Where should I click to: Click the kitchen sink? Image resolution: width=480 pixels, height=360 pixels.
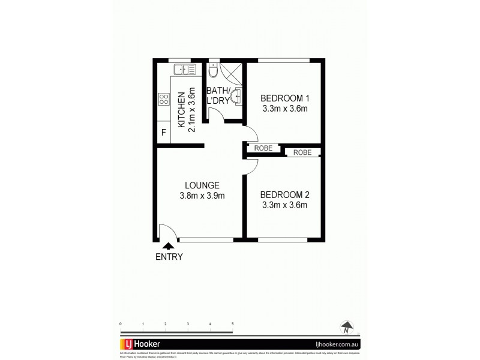(184, 70)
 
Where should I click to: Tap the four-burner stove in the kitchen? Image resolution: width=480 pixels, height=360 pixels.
(164, 100)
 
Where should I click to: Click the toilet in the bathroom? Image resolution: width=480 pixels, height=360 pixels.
(214, 72)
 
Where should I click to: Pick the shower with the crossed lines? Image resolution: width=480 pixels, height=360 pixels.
(231, 75)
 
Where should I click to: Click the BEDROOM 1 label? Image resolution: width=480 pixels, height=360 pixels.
(285, 98)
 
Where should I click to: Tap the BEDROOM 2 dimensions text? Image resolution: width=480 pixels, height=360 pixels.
(285, 205)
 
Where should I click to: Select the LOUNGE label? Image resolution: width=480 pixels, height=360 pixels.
(202, 185)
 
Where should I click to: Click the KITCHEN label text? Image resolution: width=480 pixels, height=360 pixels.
(181, 112)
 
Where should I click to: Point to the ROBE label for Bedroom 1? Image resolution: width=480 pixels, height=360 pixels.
(264, 148)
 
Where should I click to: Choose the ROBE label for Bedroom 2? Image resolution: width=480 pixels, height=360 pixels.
(302, 152)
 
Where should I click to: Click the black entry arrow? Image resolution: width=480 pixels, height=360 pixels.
(169, 245)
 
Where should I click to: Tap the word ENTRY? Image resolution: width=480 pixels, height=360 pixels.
(169, 257)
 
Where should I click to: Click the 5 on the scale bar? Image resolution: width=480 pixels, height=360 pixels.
(232, 323)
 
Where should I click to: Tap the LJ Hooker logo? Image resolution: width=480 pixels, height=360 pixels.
(140, 344)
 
